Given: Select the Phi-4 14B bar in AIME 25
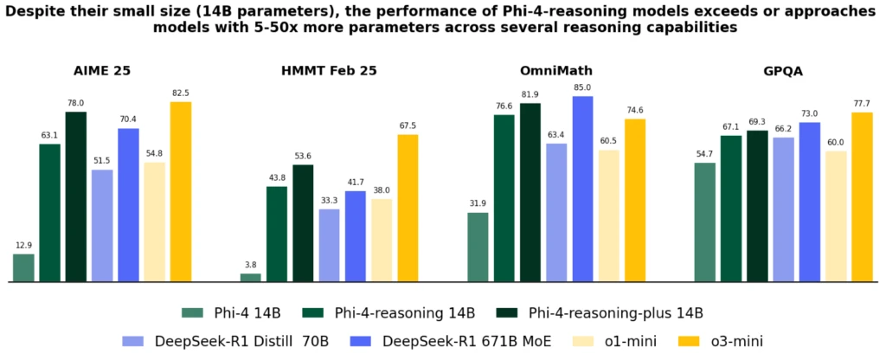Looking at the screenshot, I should coord(23,268).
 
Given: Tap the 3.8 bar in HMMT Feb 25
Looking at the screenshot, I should coord(251,278).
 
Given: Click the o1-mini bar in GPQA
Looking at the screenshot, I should coord(836,216).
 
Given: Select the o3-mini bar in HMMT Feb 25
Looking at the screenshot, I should coord(408,208).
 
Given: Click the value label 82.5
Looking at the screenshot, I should coord(181,93).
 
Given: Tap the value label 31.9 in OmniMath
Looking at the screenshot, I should coord(478,203).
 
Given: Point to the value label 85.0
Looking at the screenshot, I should coord(583,87).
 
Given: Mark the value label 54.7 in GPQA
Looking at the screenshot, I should coord(705,153).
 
